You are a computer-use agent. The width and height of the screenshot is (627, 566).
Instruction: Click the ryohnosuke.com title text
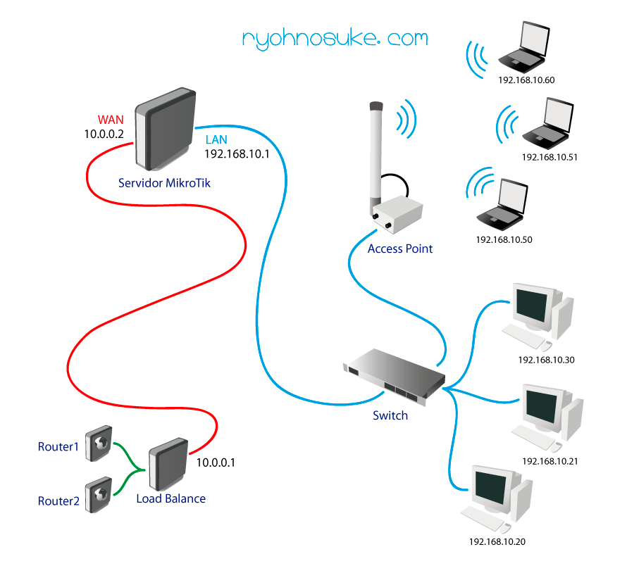[335, 38]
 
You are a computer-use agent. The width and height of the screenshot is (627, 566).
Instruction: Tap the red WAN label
[111, 119]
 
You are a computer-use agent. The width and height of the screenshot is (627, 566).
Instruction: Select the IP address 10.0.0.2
[105, 132]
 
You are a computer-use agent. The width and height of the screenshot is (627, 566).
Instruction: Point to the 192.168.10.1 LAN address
[237, 153]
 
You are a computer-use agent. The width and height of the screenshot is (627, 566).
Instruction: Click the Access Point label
[400, 249]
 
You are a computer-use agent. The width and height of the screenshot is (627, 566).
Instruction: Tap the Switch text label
[390, 415]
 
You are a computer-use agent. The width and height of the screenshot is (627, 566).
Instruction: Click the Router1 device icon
[98, 443]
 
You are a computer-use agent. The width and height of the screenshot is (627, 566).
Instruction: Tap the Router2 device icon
[98, 496]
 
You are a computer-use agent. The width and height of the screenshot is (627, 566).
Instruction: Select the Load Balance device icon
[167, 464]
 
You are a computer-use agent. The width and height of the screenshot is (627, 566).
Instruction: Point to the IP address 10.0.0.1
[216, 463]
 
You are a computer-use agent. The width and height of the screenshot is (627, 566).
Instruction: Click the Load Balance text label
[171, 498]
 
